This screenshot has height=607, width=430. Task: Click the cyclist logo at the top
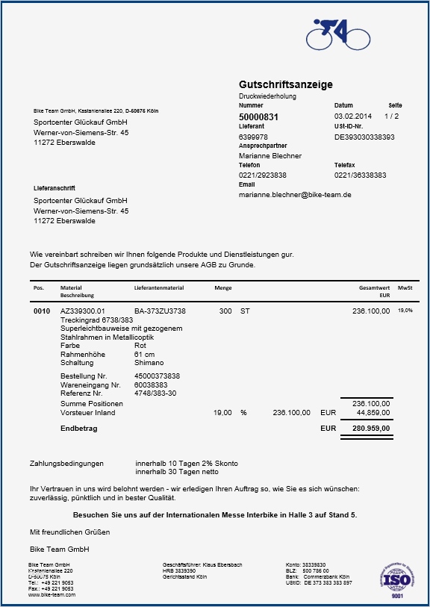coord(337,34)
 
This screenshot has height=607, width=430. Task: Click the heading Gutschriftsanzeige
coord(286,84)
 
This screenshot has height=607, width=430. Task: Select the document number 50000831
coord(258,117)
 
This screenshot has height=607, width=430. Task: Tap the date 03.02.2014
coord(353,116)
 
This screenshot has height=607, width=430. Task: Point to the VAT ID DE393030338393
coord(364,137)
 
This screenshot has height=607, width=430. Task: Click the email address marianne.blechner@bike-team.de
coord(295,194)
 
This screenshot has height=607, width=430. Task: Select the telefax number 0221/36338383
coord(360,175)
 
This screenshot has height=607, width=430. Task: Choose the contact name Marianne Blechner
coord(270,156)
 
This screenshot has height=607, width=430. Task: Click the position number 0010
coord(41,311)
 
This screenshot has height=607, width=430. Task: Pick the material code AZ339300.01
coord(83,311)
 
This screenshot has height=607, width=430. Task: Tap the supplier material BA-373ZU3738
coord(160,311)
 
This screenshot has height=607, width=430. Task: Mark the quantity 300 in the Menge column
coord(225,311)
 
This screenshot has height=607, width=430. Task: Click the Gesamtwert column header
coord(374,287)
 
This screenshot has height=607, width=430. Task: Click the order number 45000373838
coord(157,376)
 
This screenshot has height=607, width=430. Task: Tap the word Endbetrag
coord(78,429)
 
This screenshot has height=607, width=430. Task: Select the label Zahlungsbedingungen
coord(66,464)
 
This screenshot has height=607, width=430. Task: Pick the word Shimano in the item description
coord(148,363)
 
